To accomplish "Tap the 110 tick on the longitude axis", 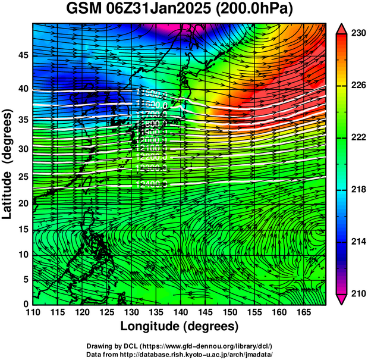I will (33, 311).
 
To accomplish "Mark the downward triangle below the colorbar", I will (342, 299).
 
